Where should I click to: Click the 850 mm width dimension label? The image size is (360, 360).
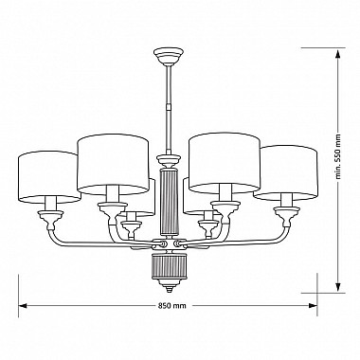(x=171, y=306)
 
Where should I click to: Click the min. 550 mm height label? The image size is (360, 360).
(x=338, y=156)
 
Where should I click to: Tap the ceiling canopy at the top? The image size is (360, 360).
(x=169, y=55)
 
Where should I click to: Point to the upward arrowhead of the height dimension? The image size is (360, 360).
(x=338, y=56)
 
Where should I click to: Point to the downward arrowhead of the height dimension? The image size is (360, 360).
(x=338, y=286)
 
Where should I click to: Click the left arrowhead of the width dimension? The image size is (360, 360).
(x=24, y=306)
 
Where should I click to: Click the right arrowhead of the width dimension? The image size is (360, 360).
(x=313, y=306)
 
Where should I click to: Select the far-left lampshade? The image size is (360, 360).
(x=49, y=177)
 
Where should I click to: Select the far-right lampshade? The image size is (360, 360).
(x=286, y=172)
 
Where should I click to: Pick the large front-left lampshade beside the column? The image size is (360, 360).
(x=113, y=164)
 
